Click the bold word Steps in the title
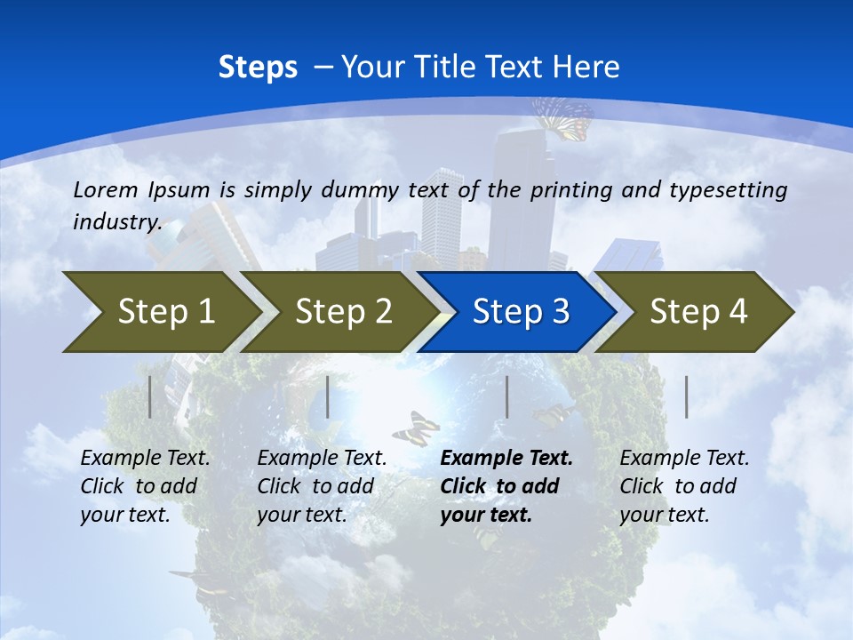(258, 68)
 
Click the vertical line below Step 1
(150, 396)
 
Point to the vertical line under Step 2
(328, 396)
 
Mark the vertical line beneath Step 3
(507, 396)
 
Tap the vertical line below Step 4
(686, 396)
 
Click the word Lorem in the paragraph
(106, 189)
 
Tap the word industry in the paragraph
(116, 222)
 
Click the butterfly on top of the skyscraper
(563, 118)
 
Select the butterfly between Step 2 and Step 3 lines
(416, 428)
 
